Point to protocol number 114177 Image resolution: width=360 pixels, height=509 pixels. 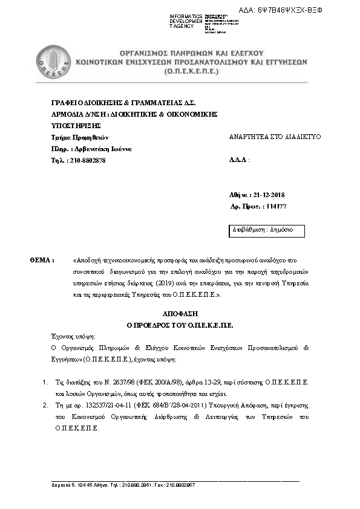point(276,207)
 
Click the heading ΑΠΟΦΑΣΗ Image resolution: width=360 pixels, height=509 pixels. point(179,315)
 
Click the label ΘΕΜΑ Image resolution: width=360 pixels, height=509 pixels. point(42,260)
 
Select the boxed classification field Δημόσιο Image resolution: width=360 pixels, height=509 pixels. point(266,230)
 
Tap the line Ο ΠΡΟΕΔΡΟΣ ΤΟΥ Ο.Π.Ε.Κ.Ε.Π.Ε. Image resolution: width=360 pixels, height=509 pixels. point(179,325)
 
